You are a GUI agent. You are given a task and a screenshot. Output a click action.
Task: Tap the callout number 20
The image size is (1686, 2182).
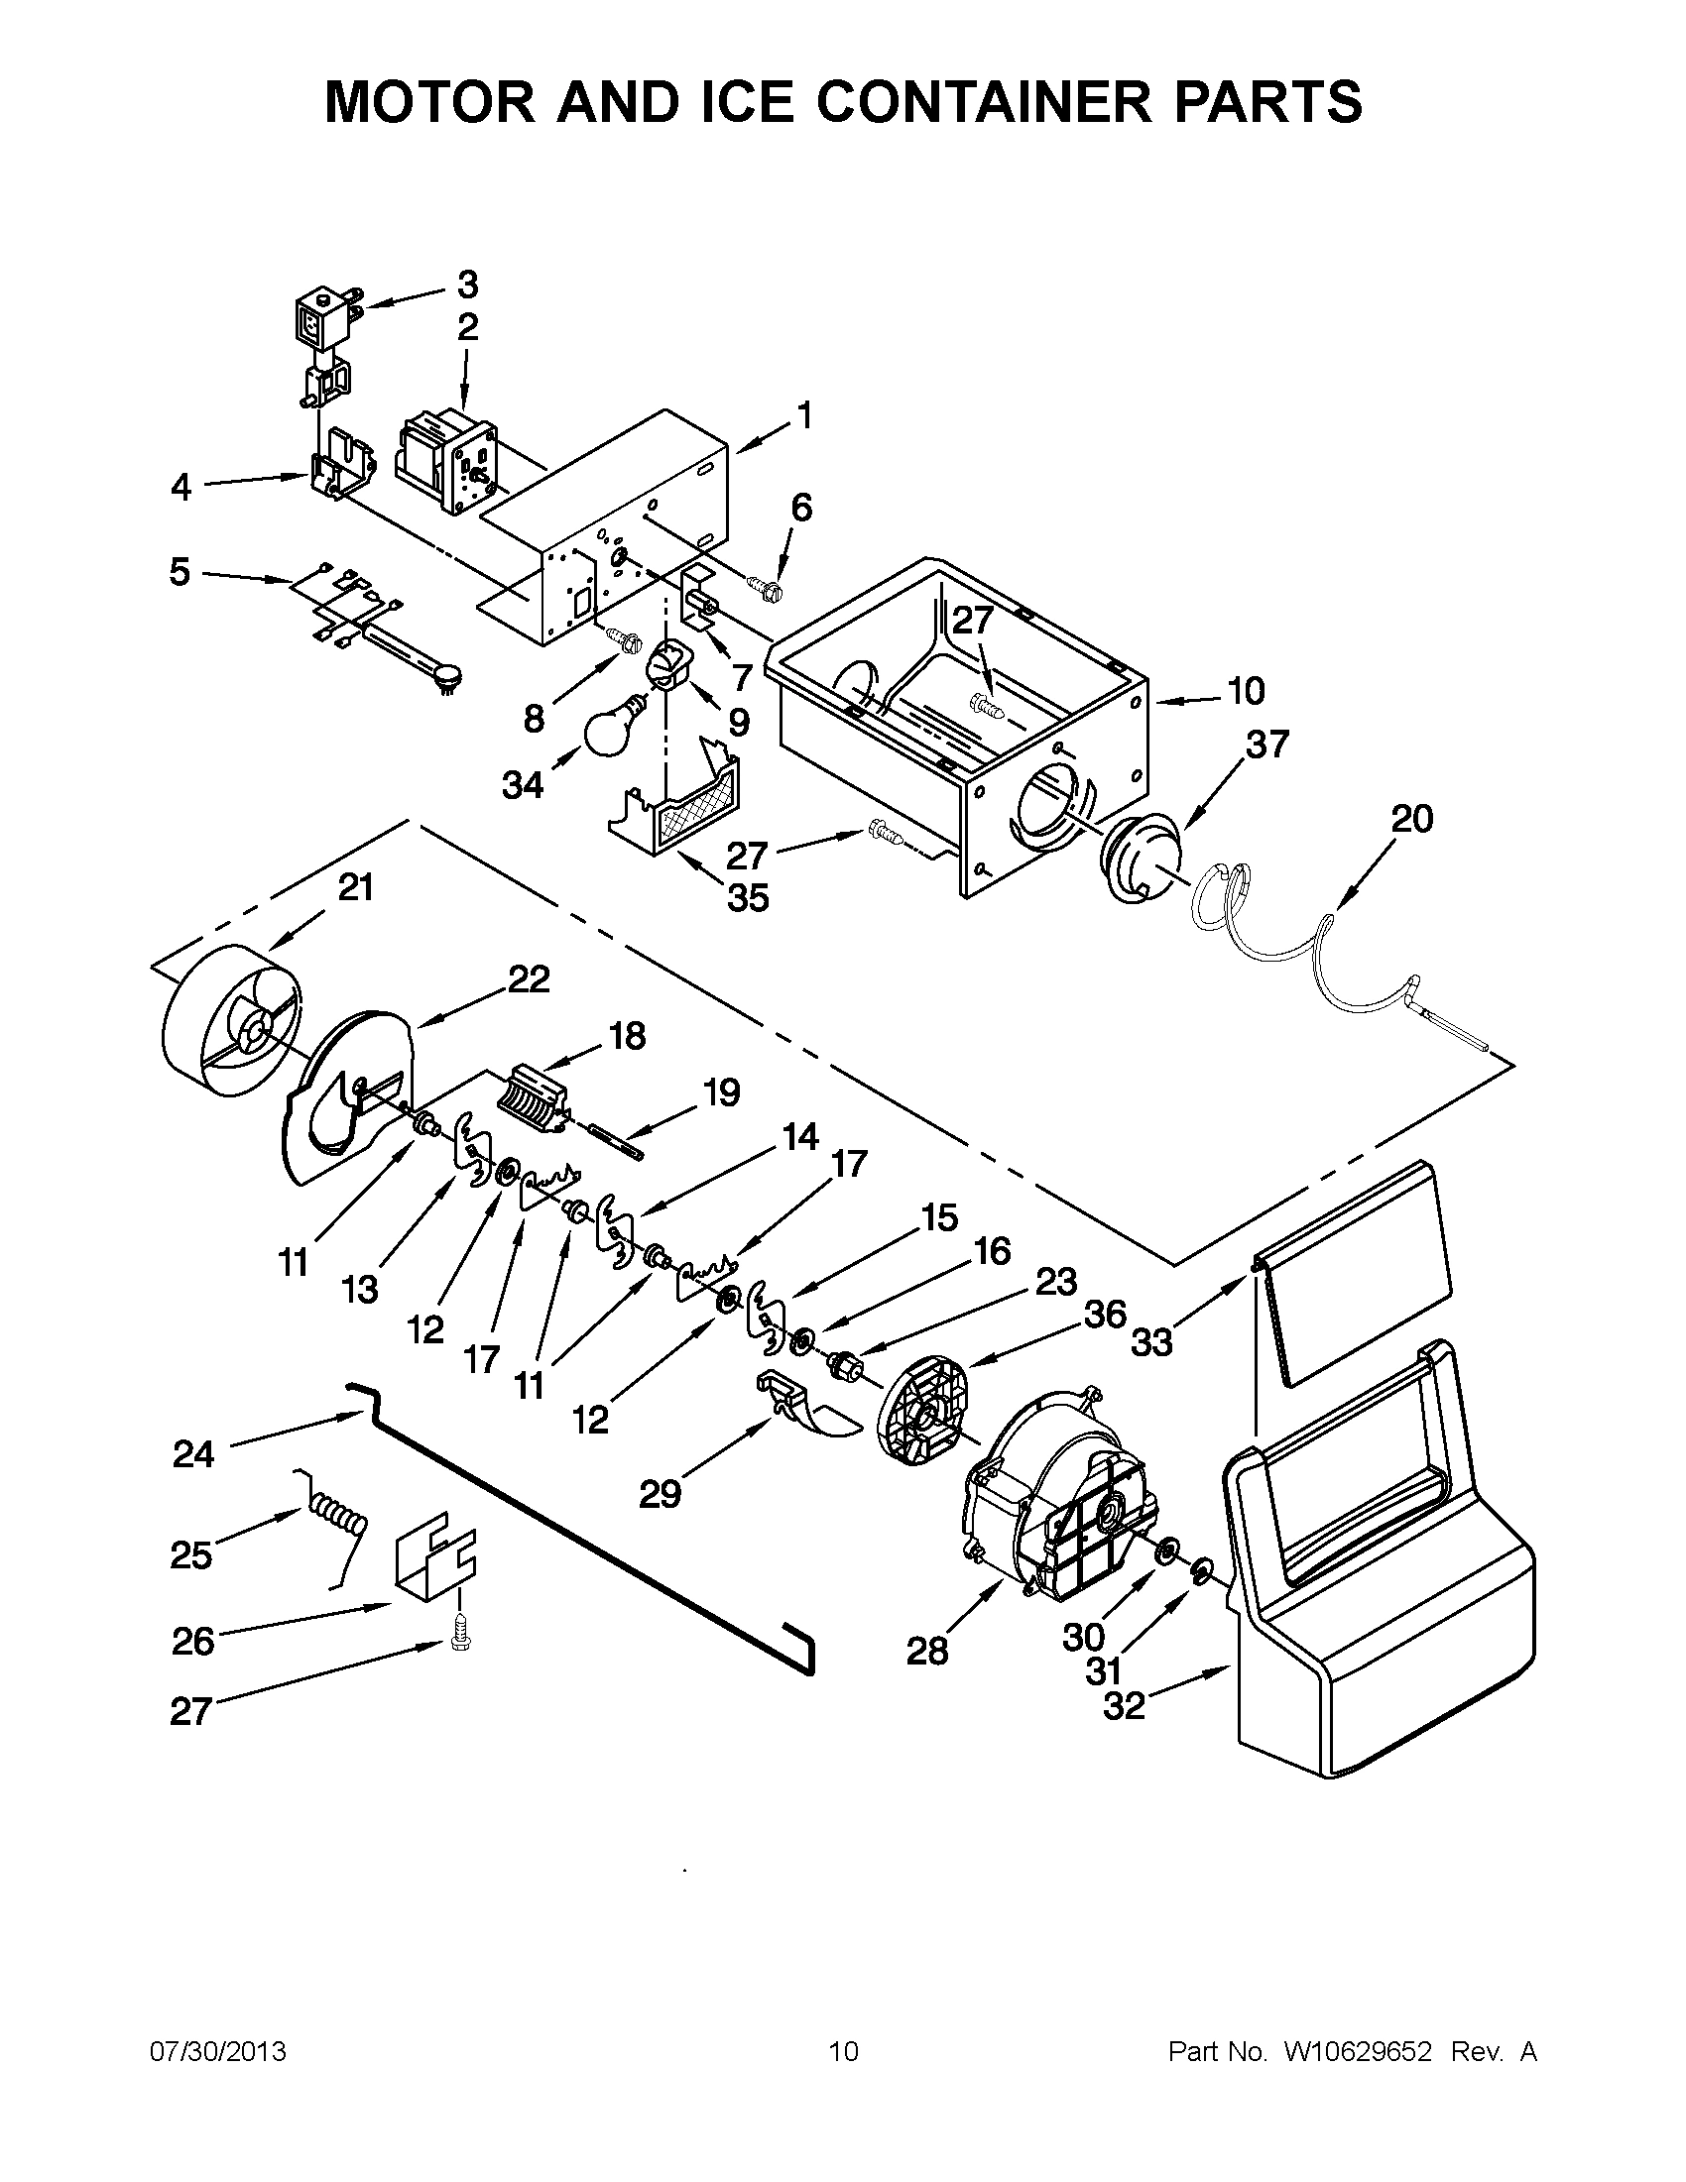coord(1411,818)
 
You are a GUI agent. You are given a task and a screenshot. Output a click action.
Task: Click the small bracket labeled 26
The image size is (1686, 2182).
coord(435,1555)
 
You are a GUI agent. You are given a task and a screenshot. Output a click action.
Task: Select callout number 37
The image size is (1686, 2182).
coord(1266,745)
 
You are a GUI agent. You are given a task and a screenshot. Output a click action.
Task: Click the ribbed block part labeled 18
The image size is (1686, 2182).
coord(532,1100)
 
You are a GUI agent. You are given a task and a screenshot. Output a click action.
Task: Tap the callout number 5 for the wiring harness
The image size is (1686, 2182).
coord(179,572)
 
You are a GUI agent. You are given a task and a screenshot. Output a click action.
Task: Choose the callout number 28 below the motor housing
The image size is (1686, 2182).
coord(926,1651)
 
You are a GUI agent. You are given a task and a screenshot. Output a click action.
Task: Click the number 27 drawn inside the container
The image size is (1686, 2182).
coord(971,621)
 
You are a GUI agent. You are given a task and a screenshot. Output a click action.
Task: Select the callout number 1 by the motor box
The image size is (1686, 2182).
coord(805,414)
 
